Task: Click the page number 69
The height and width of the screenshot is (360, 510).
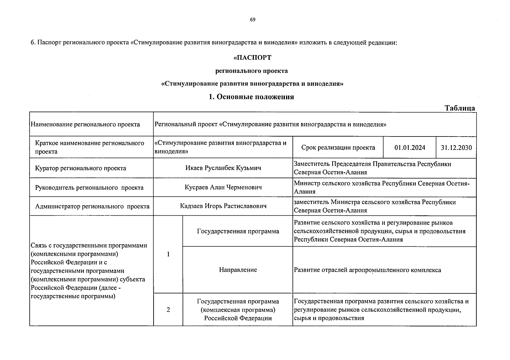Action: click(252, 20)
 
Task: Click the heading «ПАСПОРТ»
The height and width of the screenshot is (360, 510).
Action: click(252, 58)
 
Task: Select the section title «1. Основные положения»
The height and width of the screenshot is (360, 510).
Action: click(251, 97)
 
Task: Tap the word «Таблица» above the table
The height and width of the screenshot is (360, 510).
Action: click(460, 108)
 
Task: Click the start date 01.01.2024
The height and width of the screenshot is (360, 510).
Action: click(410, 148)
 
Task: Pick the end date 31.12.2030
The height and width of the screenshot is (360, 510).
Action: click(456, 148)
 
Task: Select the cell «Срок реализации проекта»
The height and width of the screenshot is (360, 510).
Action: click(338, 148)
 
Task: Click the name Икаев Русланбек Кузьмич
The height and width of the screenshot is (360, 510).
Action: click(223, 168)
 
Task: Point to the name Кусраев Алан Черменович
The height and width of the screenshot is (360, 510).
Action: click(223, 187)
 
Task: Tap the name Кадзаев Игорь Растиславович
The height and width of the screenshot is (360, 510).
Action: click(223, 206)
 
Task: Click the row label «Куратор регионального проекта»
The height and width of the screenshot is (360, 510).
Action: click(80, 168)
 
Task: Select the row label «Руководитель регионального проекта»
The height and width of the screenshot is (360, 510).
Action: click(89, 188)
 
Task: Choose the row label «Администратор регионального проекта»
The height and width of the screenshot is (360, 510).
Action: click(92, 206)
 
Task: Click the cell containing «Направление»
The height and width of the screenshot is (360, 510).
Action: click(238, 270)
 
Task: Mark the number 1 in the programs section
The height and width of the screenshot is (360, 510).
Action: click(168, 254)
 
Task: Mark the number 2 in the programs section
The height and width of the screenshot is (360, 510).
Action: click(168, 310)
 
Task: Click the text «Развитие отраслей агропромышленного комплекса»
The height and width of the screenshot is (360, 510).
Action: click(367, 270)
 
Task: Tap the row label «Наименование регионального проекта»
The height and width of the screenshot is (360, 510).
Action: click(85, 124)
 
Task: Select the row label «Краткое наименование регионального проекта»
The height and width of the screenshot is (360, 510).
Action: click(89, 147)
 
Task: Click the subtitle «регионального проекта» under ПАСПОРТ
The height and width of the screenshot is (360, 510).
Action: click(252, 71)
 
